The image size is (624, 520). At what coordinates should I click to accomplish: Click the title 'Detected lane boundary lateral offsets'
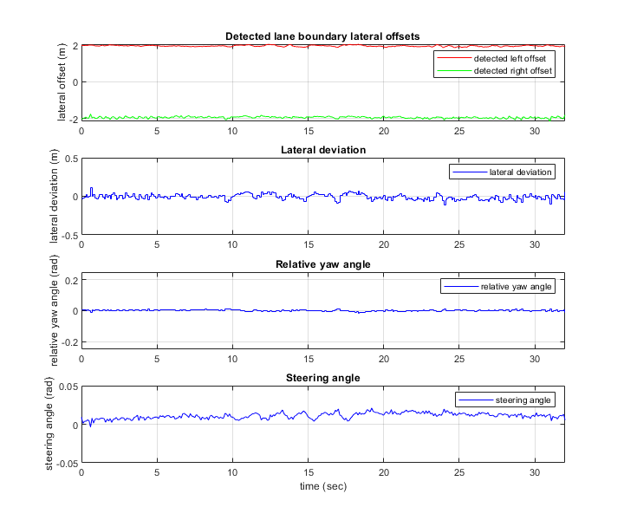(322, 36)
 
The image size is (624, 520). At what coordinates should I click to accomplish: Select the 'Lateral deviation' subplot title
(322, 150)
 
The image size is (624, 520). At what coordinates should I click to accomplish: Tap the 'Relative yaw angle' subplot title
(322, 263)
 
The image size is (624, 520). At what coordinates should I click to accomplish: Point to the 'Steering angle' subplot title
(322, 377)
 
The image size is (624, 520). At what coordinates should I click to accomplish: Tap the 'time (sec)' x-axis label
(322, 487)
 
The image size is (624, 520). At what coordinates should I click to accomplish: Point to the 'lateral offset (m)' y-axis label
(62, 82)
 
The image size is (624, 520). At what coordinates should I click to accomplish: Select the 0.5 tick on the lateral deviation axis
(68, 159)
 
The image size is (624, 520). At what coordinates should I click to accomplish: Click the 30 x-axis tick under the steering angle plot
(534, 474)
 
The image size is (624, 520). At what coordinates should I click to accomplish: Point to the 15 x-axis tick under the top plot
(308, 130)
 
